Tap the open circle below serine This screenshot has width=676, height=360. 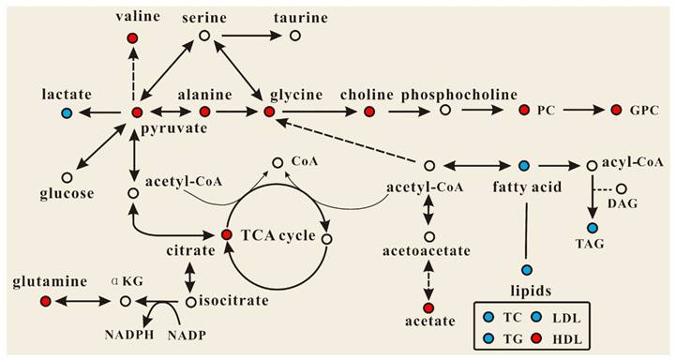click(203, 37)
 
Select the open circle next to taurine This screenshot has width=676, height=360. click(295, 36)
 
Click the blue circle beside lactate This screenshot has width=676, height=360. click(67, 113)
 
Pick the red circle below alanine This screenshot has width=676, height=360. click(204, 112)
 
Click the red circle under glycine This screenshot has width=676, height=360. click(269, 112)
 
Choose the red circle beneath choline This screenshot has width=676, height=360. click(368, 112)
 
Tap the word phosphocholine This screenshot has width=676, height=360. click(445, 95)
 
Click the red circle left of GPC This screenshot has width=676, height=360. click(616, 111)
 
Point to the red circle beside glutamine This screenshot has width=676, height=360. click(46, 301)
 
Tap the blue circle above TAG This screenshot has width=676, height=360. click(593, 228)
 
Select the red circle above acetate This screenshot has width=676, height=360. click(429, 308)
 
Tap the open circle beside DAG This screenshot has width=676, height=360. click(622, 188)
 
